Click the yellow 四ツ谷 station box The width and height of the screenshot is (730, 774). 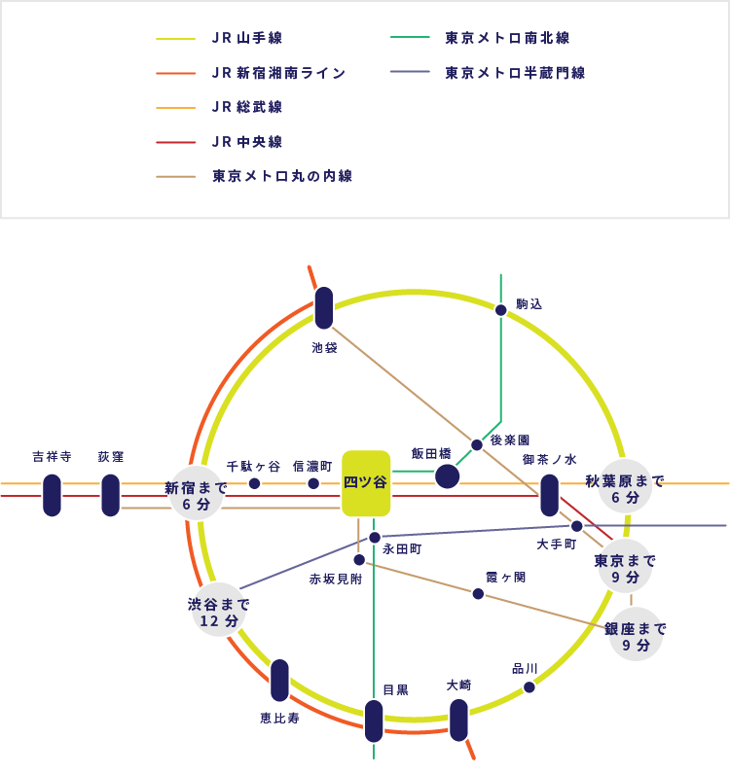[x=366, y=482]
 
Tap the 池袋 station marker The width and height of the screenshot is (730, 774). [x=324, y=307]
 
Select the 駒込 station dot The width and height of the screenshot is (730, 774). [x=500, y=310]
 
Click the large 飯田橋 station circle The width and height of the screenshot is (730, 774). [x=447, y=475]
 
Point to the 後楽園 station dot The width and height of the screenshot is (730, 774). [x=477, y=444]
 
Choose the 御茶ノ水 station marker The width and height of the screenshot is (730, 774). [x=549, y=494]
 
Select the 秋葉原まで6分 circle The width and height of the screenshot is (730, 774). [x=624, y=488]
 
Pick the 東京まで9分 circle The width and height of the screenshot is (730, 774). [x=625, y=568]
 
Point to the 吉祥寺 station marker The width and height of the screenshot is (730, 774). [x=52, y=495]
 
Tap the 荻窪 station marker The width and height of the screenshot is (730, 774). [x=110, y=495]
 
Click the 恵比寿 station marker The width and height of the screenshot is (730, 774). [x=279, y=680]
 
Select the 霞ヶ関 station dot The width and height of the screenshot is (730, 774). [x=478, y=593]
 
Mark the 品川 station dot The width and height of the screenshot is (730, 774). [x=529, y=686]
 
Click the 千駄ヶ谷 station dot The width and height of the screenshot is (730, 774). [x=254, y=483]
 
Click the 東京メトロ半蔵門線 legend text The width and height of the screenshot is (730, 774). [x=515, y=73]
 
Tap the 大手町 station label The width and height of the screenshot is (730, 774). [x=557, y=545]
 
